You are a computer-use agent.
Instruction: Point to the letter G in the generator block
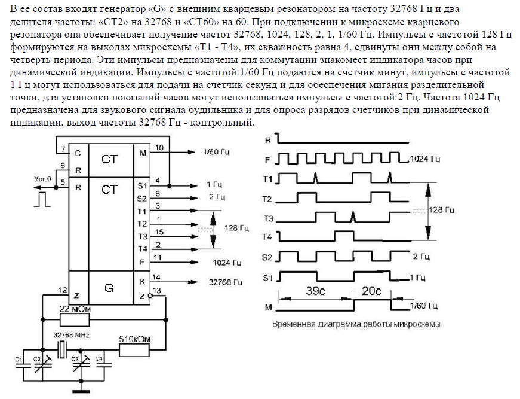point(108,288)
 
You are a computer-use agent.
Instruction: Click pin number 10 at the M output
point(159,148)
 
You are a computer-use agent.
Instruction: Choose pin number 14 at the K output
point(156,277)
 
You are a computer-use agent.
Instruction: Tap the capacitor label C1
point(18,359)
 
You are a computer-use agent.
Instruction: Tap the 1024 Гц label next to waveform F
point(425,159)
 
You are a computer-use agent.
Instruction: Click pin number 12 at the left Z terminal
point(62,291)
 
